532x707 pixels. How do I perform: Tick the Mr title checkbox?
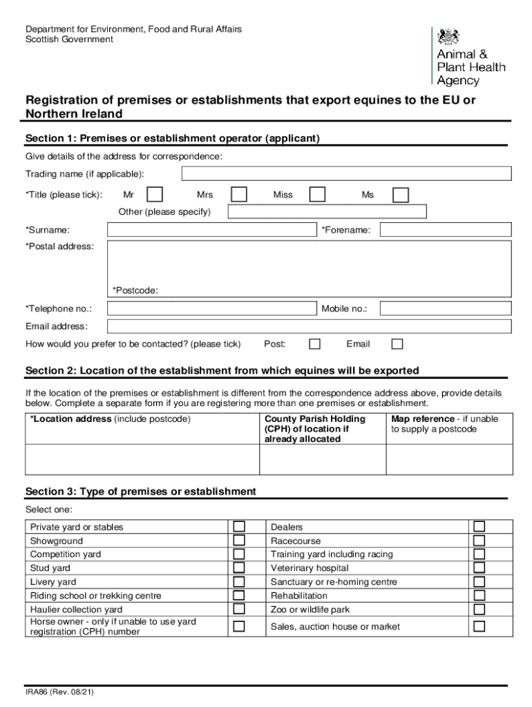155,195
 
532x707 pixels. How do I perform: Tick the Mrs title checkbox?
238,195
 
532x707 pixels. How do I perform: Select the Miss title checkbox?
317,195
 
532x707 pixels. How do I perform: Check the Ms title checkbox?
401,195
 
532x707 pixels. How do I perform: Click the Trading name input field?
345,173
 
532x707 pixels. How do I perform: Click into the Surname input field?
211,230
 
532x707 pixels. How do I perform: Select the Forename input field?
446,230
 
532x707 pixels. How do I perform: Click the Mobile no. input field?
446,309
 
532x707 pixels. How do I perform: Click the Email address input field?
310,327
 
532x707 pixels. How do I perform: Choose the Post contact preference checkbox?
314,344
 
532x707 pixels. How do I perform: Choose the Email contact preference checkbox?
397,344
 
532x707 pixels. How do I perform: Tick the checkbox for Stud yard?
239,568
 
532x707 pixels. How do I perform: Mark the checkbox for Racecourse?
478,541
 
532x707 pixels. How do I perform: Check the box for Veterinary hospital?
478,568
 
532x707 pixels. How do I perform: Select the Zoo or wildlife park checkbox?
478,609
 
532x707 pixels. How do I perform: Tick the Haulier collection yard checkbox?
239,609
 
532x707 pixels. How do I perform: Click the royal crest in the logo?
450,37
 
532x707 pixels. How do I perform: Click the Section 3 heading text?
140,492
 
